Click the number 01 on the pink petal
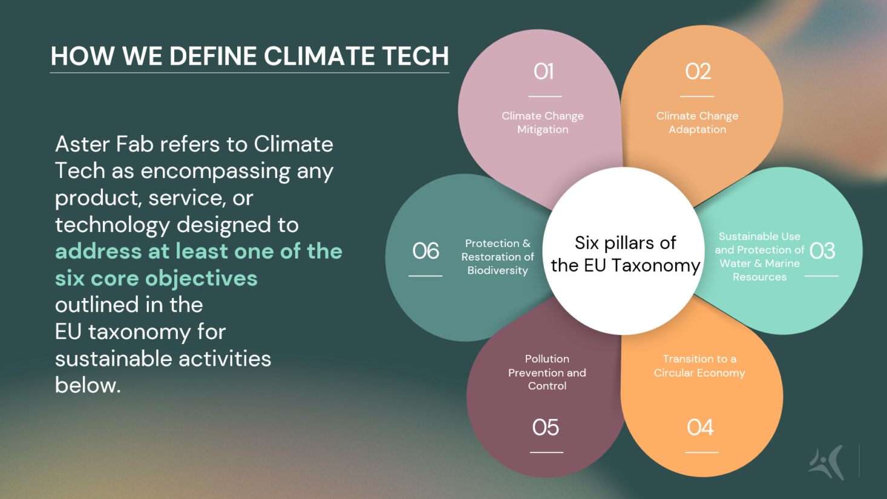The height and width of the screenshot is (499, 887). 543,72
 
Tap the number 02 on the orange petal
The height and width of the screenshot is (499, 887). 698,72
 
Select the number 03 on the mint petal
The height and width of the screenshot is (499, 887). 822,251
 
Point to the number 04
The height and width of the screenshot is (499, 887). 700,428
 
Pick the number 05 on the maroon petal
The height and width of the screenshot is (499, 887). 545,428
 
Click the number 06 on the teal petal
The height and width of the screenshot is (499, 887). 425,251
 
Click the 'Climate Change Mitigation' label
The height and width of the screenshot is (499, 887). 543,122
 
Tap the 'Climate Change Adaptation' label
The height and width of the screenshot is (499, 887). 697,122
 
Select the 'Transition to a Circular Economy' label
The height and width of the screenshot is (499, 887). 699,366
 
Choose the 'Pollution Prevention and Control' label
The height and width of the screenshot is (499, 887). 547,372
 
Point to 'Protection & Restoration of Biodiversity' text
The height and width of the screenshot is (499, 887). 497,257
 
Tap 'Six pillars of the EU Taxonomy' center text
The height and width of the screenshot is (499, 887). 625,254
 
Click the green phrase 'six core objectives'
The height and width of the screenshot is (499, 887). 156,278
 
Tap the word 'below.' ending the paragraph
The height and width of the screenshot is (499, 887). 88,385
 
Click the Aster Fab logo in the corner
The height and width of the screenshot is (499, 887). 826,462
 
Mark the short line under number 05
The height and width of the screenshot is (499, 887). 546,452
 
